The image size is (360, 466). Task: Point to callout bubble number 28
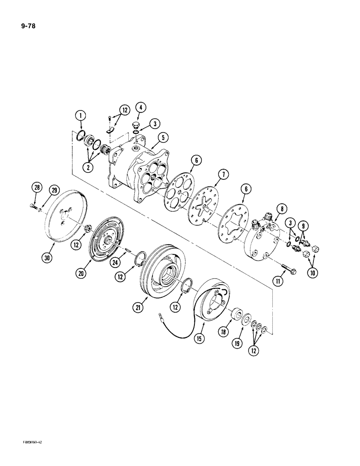(36, 188)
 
